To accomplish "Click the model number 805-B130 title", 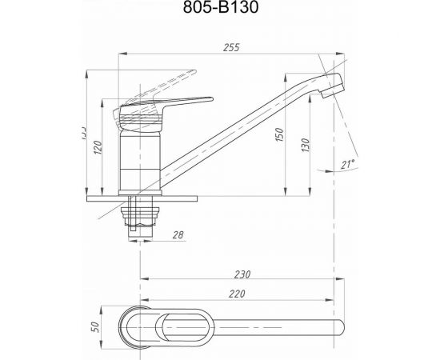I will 220,10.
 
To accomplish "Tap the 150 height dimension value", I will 278,137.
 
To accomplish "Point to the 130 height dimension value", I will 303,146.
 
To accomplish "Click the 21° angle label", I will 346,165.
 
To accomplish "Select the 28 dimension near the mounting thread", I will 178,234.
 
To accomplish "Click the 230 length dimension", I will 243,274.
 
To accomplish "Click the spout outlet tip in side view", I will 335,87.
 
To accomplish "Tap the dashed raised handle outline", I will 164,81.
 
